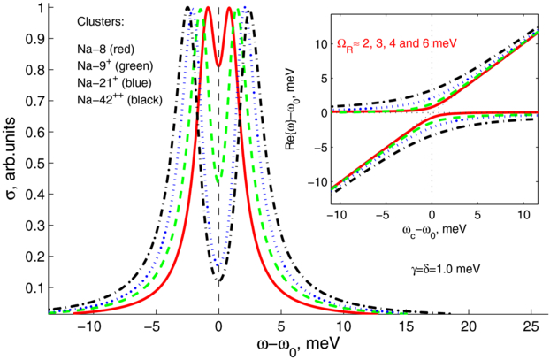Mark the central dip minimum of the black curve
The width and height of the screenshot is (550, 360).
point(218,282)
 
